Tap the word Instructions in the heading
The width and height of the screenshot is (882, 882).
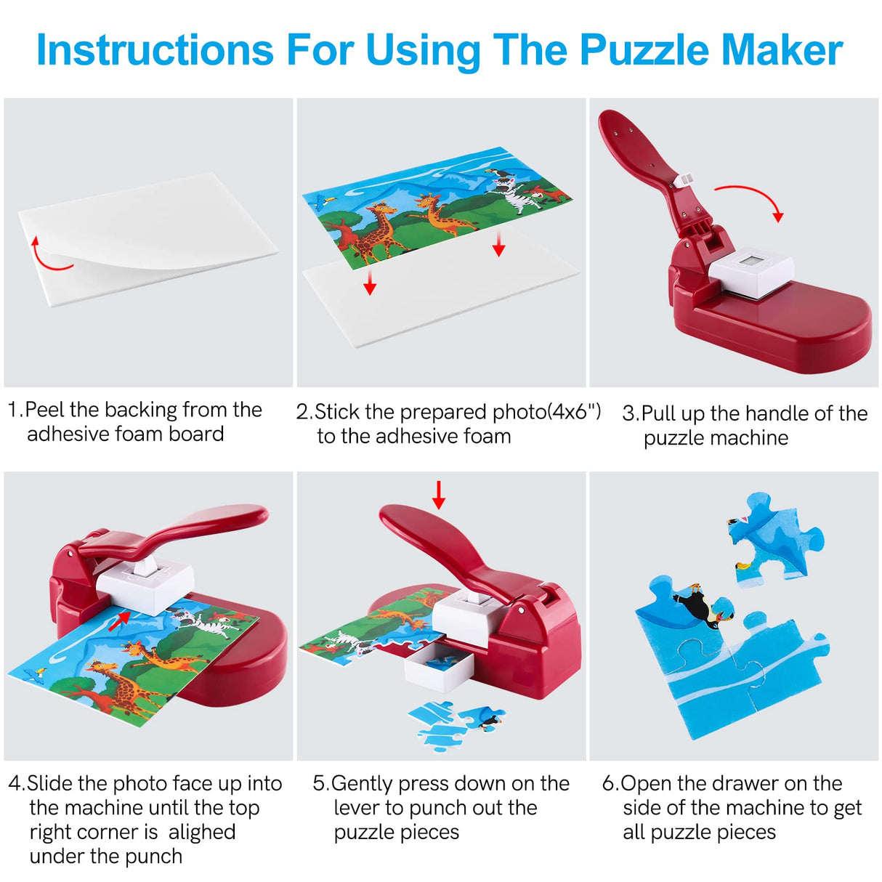(x=155, y=50)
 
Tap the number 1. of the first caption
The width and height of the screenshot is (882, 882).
(x=15, y=410)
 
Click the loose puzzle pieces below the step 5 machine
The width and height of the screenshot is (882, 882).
(x=450, y=723)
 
